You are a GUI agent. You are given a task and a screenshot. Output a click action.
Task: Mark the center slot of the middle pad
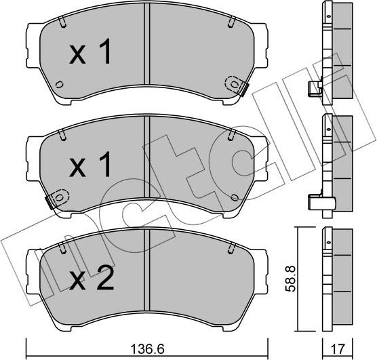pos(145,163)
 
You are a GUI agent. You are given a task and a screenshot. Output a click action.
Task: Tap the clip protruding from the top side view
pos(314,88)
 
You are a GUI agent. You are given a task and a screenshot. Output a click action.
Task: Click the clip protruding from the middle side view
pos(314,201)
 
